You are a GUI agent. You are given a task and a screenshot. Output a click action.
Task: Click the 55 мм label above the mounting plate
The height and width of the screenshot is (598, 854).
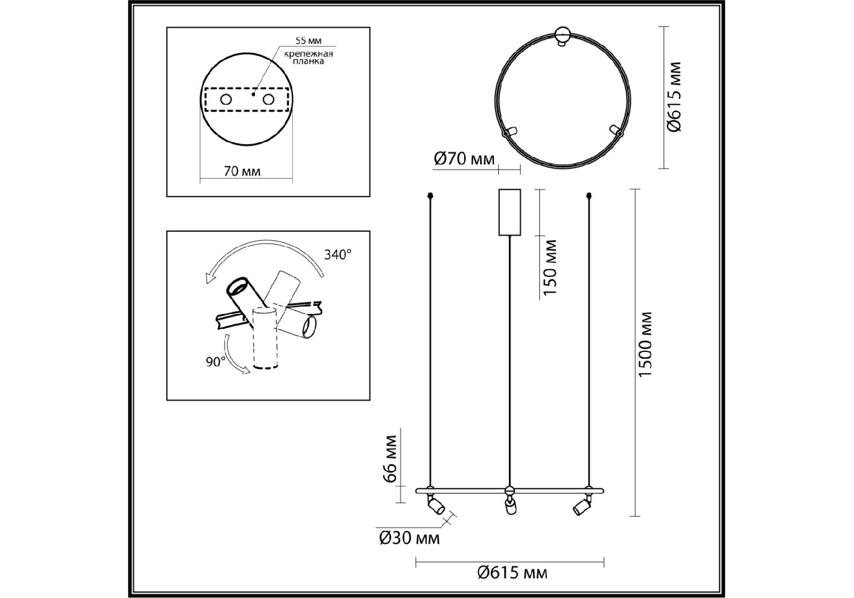pyautogui.click(x=308, y=41)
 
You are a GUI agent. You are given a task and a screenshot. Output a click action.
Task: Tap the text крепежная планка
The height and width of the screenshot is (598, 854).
pyautogui.click(x=309, y=57)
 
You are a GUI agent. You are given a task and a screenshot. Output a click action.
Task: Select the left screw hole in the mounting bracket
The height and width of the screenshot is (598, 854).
pyautogui.click(x=226, y=100)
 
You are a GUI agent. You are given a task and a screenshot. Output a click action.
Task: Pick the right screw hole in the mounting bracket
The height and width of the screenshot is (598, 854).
pyautogui.click(x=268, y=100)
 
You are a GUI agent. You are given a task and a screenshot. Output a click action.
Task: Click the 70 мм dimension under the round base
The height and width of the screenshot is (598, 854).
pyautogui.click(x=242, y=171)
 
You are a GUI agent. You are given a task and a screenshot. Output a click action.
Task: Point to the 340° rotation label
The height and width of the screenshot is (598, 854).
pyautogui.click(x=338, y=255)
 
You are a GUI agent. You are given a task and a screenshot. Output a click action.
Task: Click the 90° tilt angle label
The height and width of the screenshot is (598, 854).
pyautogui.click(x=216, y=362)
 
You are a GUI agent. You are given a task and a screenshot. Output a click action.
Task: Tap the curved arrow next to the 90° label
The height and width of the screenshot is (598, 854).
pyautogui.click(x=234, y=355)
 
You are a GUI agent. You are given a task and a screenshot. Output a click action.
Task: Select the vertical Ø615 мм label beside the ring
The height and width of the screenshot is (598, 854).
pyautogui.click(x=674, y=97)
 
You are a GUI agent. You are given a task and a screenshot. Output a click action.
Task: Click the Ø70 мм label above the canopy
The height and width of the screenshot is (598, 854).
pyautogui.click(x=465, y=159)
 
